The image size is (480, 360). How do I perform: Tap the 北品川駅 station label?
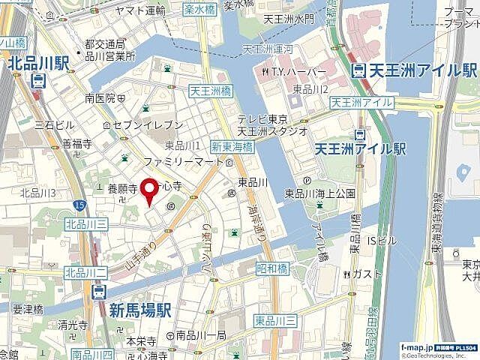click(37, 65)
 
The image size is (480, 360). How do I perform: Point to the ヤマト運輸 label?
click(142, 10)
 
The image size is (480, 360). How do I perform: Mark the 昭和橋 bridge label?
click(272, 268)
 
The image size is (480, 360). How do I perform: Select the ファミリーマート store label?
click(181, 161)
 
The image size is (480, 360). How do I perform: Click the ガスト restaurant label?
click(362, 272)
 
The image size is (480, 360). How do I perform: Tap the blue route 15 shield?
click(79, 203)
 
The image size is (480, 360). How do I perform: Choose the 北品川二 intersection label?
click(82, 271)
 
